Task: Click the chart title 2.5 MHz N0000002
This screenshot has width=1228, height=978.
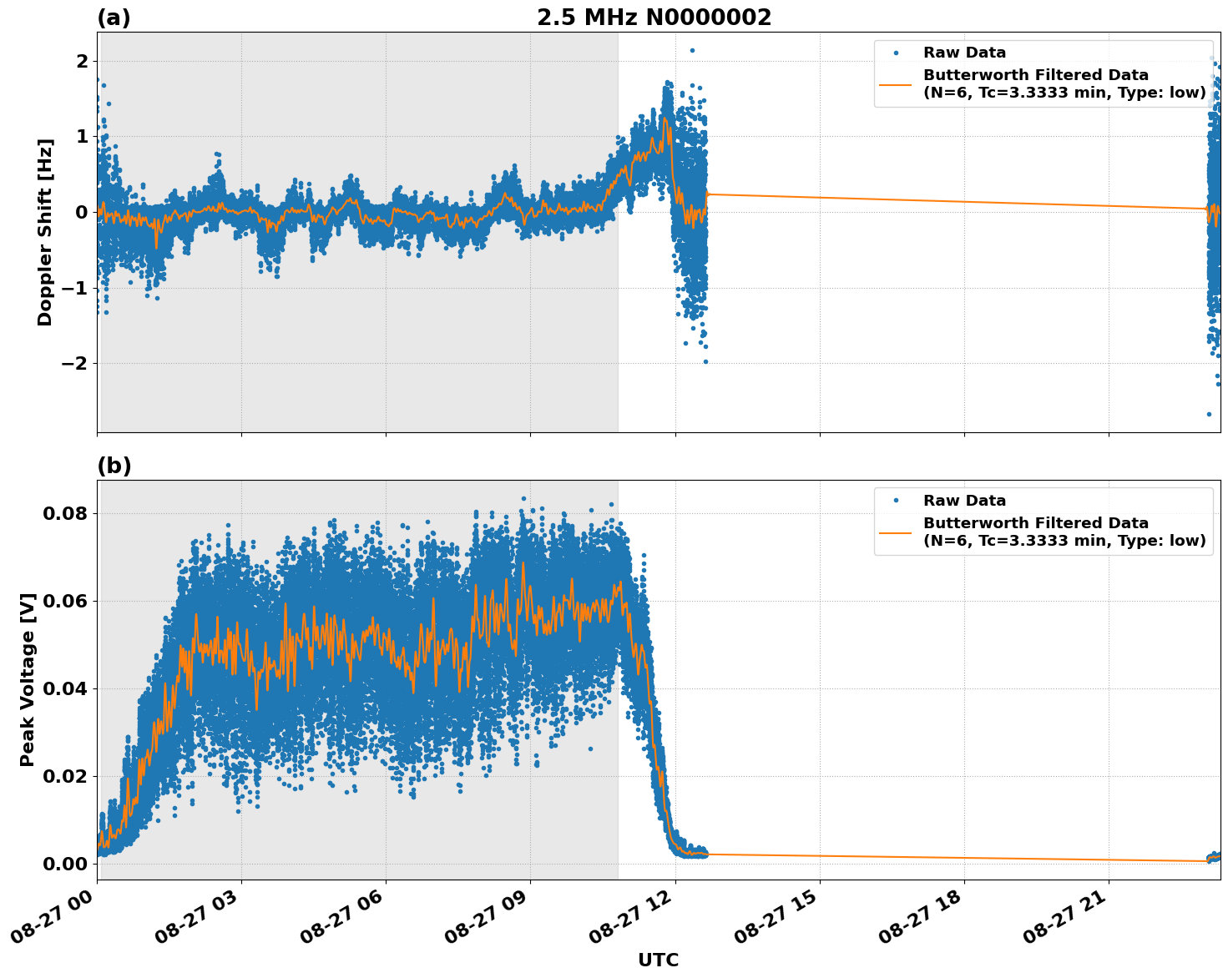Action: pos(654,18)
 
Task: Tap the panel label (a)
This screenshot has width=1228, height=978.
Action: pos(114,18)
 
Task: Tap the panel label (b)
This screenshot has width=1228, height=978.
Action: pos(114,466)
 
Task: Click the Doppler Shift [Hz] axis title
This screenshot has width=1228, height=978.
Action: pos(45,232)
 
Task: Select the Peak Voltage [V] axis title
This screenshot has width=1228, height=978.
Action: pos(28,679)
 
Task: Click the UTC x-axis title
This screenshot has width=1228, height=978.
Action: pos(658,960)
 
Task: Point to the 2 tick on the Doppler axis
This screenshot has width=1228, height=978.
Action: pos(82,62)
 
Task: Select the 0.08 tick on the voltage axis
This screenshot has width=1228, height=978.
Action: pos(65,513)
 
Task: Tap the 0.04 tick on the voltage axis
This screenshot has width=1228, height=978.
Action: pos(65,688)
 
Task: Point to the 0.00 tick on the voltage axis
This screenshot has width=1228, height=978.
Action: pos(65,864)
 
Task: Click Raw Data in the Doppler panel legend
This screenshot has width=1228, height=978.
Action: pos(964,53)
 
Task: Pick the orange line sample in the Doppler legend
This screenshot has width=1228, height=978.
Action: pos(896,84)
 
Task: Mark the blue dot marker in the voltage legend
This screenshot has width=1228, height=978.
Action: pos(896,501)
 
